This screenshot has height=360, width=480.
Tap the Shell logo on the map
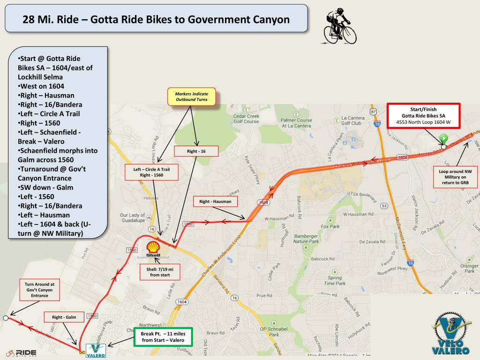coord(153,249)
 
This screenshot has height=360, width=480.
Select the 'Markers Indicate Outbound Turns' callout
coord(191,97)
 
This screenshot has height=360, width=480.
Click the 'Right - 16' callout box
coord(196,151)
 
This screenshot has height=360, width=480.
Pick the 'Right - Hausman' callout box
coord(216,202)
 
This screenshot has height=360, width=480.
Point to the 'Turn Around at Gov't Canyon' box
coord(39,290)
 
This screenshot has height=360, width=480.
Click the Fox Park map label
coord(330,226)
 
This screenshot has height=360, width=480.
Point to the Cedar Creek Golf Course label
coord(246,119)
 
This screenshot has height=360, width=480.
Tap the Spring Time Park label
coord(335,280)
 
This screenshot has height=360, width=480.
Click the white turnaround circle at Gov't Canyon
coord(5,318)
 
